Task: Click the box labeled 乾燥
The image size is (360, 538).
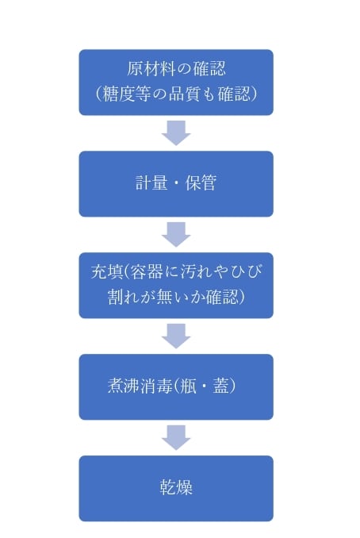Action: pos(176,488)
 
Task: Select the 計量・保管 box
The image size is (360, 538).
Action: pos(176,183)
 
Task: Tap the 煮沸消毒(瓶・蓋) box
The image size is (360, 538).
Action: pos(176,386)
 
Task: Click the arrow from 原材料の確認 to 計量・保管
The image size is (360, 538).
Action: pos(176,133)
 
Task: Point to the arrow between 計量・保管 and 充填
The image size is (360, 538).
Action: pos(176,234)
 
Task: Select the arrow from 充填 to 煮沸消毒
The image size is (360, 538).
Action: pos(176,336)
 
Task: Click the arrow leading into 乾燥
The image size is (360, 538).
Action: pos(176,437)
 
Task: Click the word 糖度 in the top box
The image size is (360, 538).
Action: pos(118,94)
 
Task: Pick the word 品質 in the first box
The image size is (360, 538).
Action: pos(185,94)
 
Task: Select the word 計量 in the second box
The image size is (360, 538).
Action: pos(151,183)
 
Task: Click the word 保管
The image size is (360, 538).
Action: pos(201,183)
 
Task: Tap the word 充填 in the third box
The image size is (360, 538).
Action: pos(107,271)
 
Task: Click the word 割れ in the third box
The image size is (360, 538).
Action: pos(124,297)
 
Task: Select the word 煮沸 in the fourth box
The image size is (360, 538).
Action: pos(124,386)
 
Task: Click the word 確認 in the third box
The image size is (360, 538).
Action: pos(222,297)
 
